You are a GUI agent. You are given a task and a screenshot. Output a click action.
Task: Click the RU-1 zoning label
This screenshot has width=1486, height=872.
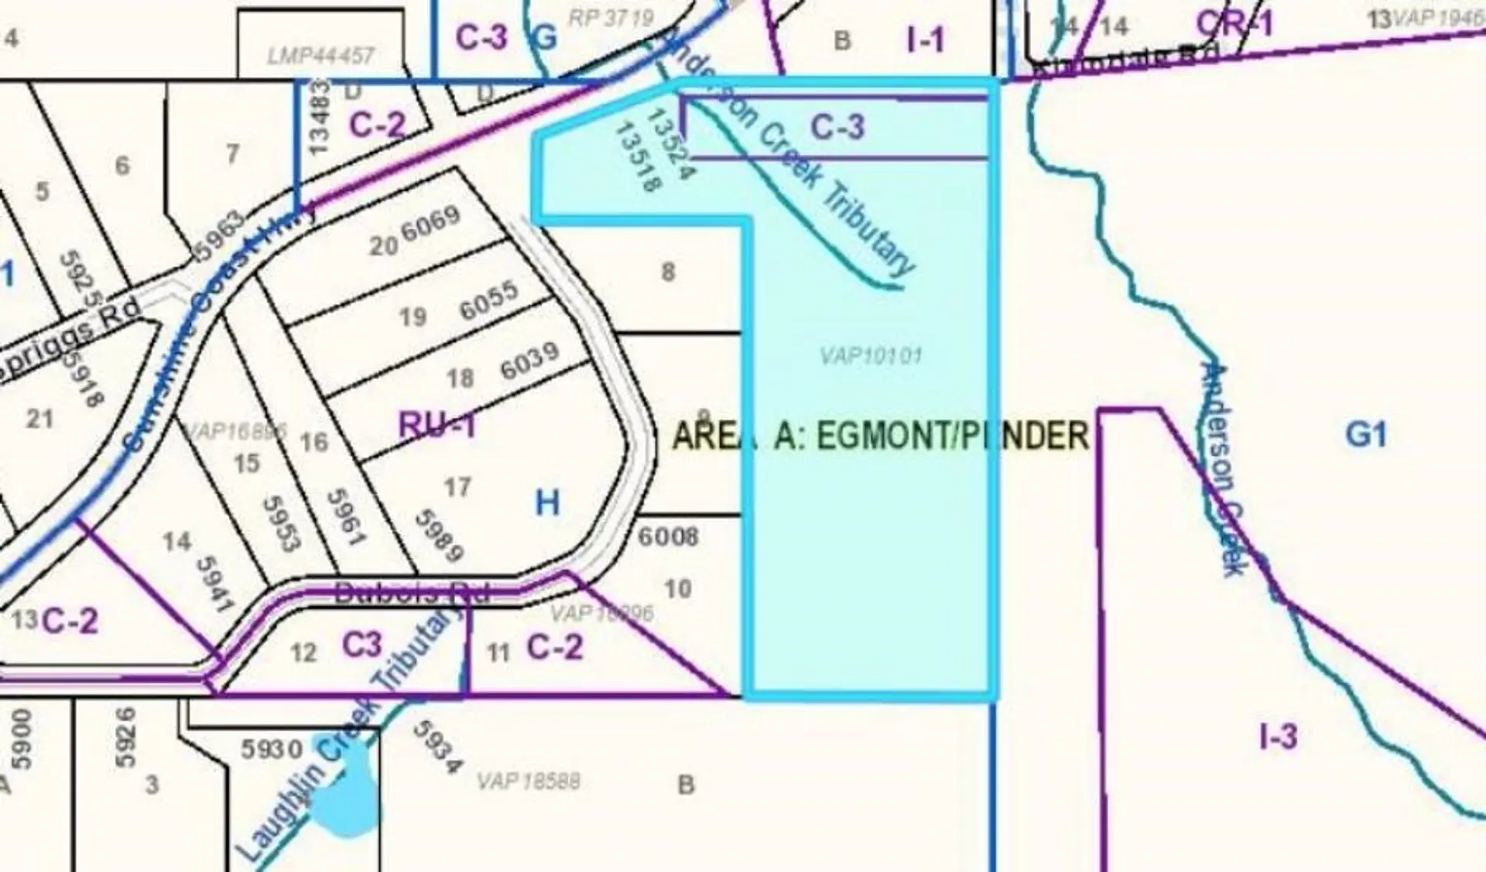coord(437,426)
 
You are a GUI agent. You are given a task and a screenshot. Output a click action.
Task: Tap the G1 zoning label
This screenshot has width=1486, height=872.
coord(1365,434)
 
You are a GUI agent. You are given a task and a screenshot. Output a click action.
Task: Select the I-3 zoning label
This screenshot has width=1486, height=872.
coord(1278,736)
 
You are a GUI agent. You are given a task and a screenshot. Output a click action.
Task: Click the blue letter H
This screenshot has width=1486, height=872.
coord(547,504)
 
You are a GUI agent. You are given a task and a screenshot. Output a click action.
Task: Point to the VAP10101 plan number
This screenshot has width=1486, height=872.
coord(871,356)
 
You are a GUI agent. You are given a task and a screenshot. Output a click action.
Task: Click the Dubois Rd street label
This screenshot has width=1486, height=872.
coord(413,593)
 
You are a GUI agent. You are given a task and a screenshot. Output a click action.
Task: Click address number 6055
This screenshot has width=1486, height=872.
coord(488,300)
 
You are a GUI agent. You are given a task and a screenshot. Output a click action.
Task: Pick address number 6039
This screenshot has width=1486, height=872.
coord(529,361)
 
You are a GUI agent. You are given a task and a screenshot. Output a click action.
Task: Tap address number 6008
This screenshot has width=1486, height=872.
coord(668,536)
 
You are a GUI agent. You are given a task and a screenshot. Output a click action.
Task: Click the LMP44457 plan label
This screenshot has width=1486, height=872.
coord(320,56)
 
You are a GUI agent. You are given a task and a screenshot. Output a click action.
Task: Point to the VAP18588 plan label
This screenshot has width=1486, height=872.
coord(529,781)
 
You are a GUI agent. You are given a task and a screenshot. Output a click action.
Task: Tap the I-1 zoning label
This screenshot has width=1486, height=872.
coord(926,39)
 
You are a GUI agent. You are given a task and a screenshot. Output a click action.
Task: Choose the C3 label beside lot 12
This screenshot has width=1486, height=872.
coord(362,645)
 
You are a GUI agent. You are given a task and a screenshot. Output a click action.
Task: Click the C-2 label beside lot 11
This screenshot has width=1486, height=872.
coord(554,647)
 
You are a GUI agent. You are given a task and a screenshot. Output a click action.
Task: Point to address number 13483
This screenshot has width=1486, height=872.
coord(318,117)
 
